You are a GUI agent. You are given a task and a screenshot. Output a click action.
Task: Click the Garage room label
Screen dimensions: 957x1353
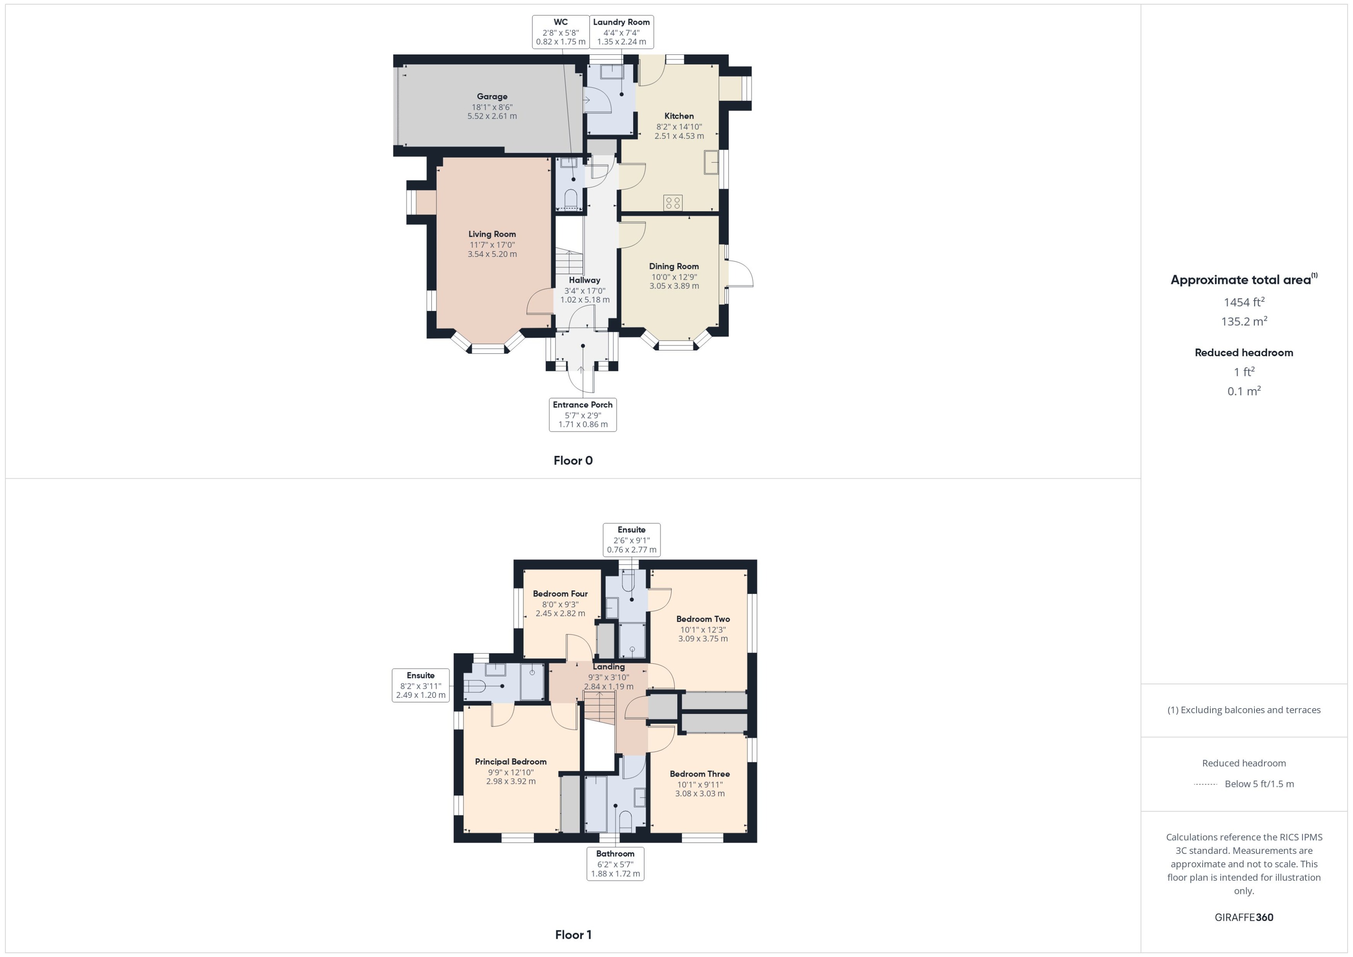click(x=492, y=97)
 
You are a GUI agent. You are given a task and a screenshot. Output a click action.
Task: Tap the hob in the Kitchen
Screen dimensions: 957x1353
click(x=673, y=203)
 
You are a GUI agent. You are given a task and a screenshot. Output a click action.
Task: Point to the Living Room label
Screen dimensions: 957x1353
click(x=492, y=234)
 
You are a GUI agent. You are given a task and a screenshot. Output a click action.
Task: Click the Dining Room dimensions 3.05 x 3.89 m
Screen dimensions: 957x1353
click(x=674, y=286)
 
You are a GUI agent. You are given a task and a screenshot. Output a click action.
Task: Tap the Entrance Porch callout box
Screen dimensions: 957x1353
click(x=583, y=414)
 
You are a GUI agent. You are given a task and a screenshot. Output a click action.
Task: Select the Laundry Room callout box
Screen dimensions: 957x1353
click(x=621, y=32)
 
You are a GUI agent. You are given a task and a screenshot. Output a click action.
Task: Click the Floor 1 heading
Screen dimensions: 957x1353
click(x=573, y=935)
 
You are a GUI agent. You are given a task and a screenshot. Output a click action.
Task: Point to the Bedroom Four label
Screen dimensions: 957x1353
click(x=560, y=594)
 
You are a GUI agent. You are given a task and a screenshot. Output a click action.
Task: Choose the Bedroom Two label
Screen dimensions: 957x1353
click(x=703, y=619)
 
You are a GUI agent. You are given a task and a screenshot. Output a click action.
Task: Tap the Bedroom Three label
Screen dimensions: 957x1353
click(x=699, y=774)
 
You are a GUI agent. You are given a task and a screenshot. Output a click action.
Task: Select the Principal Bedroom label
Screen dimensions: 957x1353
click(x=511, y=762)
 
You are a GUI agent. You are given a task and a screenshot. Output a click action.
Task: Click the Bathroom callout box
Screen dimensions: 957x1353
click(x=615, y=863)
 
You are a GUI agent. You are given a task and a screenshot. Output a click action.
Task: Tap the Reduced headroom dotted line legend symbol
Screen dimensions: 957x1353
click(x=1205, y=784)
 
